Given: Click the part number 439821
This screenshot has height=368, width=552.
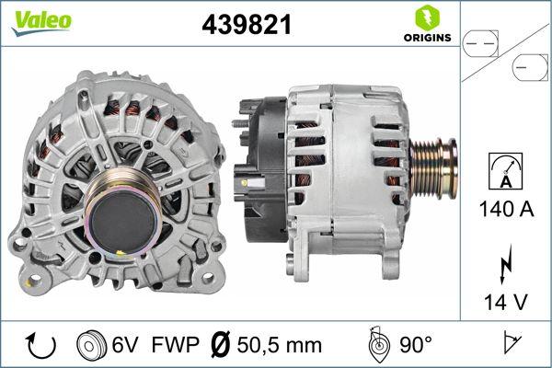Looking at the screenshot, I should pos(246,26).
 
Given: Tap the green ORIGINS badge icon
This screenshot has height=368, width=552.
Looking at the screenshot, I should pos(426,18).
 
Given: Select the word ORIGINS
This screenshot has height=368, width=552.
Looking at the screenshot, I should pos(426,39).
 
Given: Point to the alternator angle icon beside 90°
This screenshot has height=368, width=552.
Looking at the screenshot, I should pos(377,344).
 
